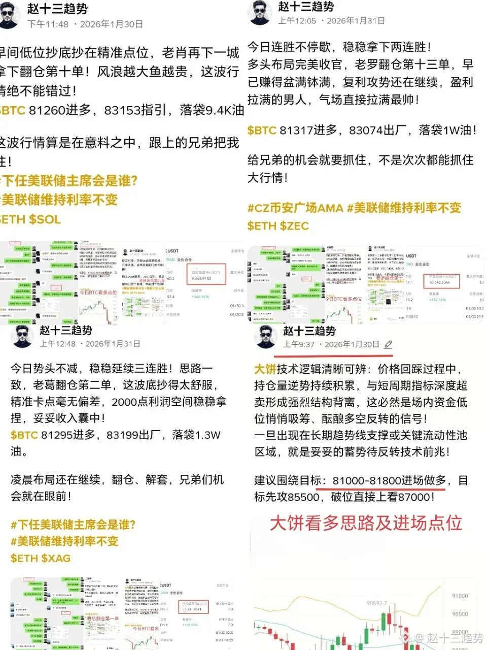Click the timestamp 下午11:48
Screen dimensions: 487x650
48,24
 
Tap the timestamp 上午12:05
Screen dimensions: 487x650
297,21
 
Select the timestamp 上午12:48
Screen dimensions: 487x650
58,344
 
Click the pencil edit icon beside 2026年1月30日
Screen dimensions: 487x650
388,344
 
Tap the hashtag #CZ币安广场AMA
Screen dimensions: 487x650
295,208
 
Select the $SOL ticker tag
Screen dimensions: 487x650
45,220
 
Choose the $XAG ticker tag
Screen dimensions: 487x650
55,558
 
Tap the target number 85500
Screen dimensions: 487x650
303,497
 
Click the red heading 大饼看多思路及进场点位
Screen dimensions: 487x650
366,523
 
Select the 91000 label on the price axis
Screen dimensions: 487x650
460,596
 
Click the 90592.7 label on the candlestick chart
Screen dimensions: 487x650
376,604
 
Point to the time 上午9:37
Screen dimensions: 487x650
299,344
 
